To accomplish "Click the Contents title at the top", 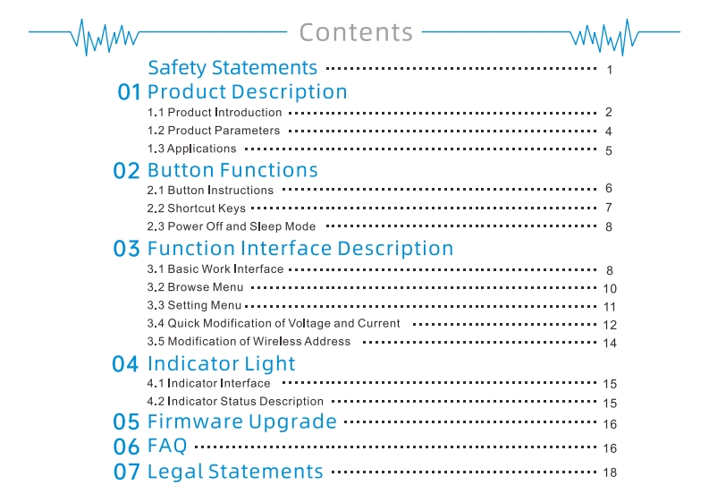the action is point(356,32).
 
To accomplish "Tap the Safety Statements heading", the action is point(232,68).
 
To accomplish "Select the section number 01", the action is point(130,92).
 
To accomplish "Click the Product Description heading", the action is point(247,92).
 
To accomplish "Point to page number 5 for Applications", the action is point(608,150).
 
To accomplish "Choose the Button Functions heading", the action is point(232,170).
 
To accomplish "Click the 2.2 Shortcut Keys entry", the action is point(196,208).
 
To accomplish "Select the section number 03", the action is point(127,249).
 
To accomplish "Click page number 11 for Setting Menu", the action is point(611,307).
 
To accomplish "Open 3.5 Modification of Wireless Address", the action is point(249,342).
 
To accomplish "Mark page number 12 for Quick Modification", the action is point(611,325).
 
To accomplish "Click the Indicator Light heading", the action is point(221,364).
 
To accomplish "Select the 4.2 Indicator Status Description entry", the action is point(235,402).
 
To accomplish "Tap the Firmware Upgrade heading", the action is point(241,421).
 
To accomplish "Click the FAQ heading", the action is point(167,445).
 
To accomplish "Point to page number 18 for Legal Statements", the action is point(611,472).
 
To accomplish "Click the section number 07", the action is point(127,472).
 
